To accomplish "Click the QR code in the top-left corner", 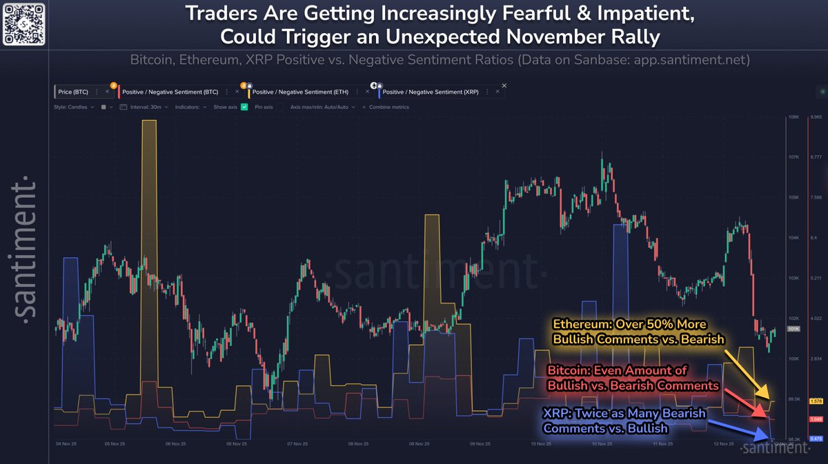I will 23,24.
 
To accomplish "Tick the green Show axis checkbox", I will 244,107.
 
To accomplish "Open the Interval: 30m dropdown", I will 146,107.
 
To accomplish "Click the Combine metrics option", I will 388,107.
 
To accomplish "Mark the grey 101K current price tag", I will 793,330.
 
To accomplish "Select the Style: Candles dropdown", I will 75,107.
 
